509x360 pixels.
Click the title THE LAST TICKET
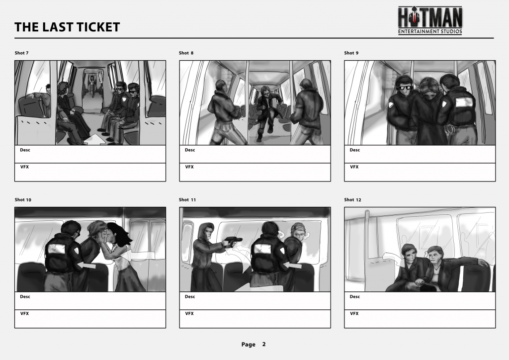click(x=67, y=27)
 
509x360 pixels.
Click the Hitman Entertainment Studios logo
click(x=430, y=20)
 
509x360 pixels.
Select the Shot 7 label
click(x=21, y=53)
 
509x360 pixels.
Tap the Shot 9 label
click(x=351, y=53)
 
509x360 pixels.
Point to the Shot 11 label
click(x=187, y=199)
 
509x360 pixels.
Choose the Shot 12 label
click(x=352, y=199)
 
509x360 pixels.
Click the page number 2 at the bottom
click(x=264, y=344)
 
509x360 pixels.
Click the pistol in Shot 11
click(x=233, y=241)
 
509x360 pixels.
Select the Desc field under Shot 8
click(x=255, y=154)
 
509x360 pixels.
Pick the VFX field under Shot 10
click(x=90, y=319)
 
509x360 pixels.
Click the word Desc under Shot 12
click(x=355, y=297)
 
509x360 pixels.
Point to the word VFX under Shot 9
click(x=354, y=167)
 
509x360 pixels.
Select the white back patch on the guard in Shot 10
click(x=57, y=249)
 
